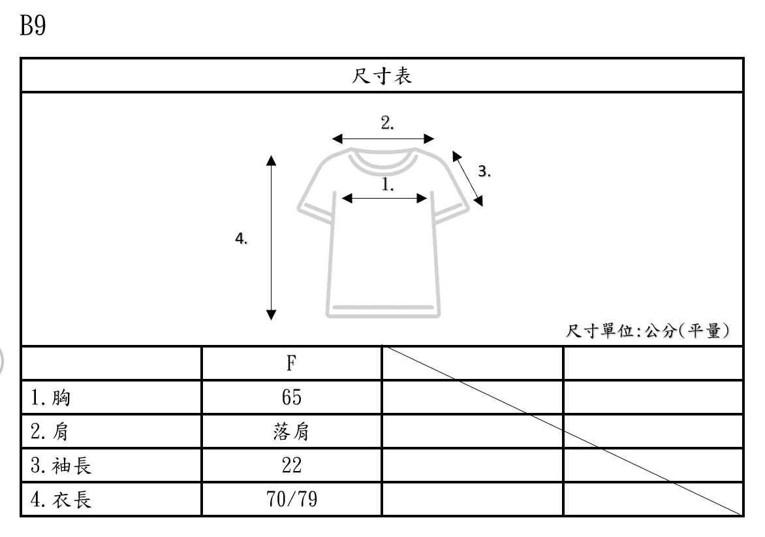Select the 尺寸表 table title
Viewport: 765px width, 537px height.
[x=382, y=76]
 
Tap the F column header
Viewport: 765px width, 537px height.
[x=291, y=363]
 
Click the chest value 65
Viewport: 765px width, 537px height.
[x=291, y=397]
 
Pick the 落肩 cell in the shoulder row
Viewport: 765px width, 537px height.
[x=291, y=432]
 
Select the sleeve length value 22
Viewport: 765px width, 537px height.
[x=291, y=466]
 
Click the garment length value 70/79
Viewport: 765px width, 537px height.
[x=291, y=500]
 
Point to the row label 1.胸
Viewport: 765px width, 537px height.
[x=52, y=397]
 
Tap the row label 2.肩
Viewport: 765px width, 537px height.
[x=52, y=432]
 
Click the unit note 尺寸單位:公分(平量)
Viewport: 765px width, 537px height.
[x=647, y=331]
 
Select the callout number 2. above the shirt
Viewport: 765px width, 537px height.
[x=387, y=123]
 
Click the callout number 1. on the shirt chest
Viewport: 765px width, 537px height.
[x=388, y=185]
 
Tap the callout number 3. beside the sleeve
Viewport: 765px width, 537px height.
[x=484, y=172]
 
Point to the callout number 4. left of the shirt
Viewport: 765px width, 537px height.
[x=241, y=239]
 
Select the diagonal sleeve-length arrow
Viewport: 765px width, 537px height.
[x=468, y=179]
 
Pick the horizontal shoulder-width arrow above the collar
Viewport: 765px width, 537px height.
[x=383, y=138]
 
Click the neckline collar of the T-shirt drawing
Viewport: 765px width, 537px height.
[x=383, y=160]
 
